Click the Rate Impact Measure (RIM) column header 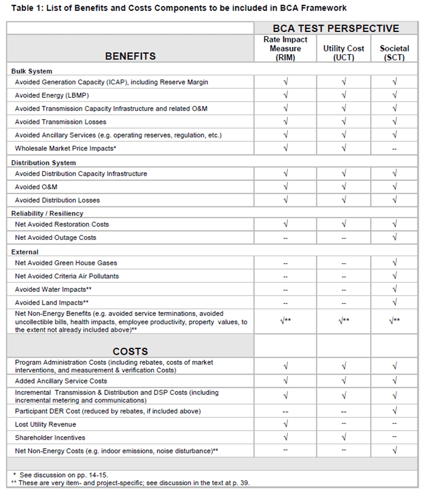point(285,48)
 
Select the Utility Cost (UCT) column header point(343,53)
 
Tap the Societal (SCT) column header point(394,53)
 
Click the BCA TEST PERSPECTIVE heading point(336,28)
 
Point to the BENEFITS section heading point(130,56)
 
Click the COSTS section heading point(130,351)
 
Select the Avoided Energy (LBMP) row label point(52,95)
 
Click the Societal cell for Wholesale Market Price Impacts point(394,149)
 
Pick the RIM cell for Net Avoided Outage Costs point(285,238)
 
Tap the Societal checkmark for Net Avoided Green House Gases point(394,263)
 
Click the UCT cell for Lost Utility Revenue point(343,424)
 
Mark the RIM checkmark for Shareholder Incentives point(285,437)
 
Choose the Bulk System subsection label point(32,71)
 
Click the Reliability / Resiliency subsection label point(47,213)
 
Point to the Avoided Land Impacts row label point(52,303)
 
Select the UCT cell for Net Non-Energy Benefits point(343,321)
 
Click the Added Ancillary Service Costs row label point(61,381)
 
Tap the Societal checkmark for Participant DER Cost point(394,411)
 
